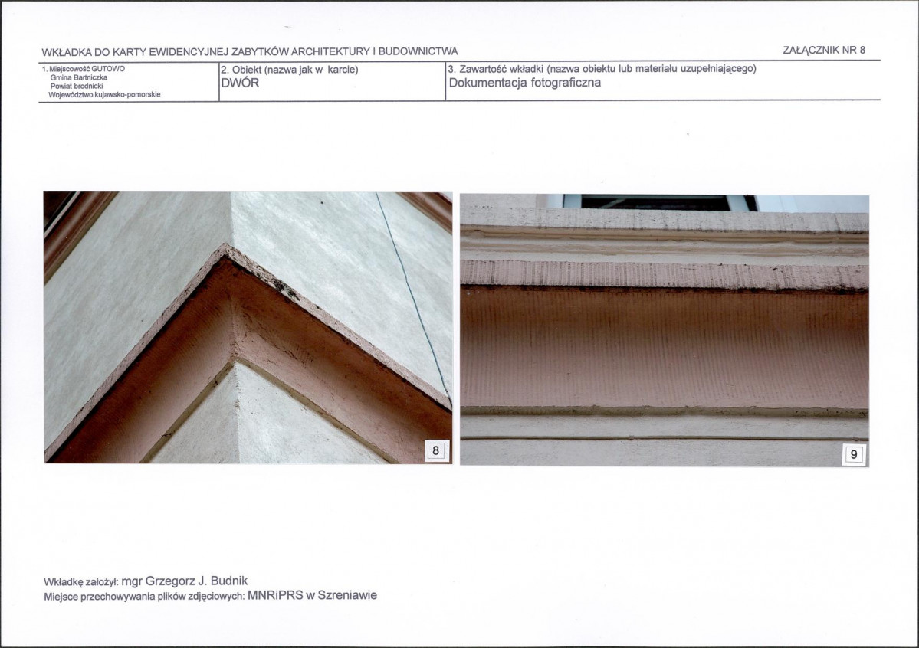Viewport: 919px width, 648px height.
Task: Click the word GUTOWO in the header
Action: click(108, 68)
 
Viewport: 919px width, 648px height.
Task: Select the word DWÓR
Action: click(241, 83)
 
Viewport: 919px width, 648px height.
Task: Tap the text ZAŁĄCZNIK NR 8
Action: click(824, 50)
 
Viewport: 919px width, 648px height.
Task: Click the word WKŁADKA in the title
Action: click(67, 51)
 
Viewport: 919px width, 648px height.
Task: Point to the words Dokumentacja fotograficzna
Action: click(525, 83)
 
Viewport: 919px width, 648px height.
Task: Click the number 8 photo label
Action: click(435, 450)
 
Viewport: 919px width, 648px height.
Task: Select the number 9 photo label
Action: click(854, 455)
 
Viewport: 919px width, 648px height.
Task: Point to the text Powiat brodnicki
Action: click(77, 86)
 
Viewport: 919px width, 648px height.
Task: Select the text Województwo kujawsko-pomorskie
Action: click(104, 94)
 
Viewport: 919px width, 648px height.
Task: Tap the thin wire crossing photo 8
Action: click(412, 298)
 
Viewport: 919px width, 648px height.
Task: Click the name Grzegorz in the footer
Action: click(170, 581)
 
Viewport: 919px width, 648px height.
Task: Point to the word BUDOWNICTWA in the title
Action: click(418, 51)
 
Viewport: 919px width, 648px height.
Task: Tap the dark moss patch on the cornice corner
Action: click(285, 288)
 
